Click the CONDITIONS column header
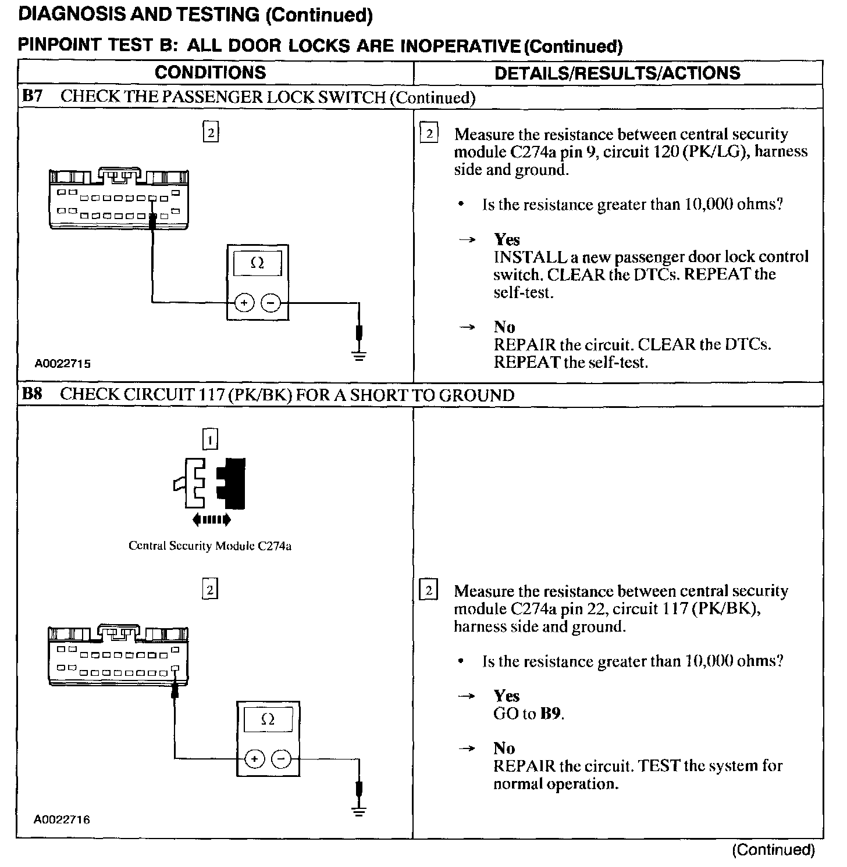(x=210, y=73)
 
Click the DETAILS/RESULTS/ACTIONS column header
(x=617, y=73)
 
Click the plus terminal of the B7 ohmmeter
(x=244, y=303)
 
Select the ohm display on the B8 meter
(x=268, y=719)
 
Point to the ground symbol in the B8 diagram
(x=360, y=811)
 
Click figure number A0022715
(x=62, y=364)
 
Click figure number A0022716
(x=62, y=820)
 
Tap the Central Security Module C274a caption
(x=210, y=546)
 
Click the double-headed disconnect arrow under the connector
(x=211, y=519)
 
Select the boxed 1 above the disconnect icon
(x=209, y=439)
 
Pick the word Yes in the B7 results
(x=507, y=239)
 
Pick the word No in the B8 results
(x=504, y=748)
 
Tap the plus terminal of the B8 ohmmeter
(x=254, y=759)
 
